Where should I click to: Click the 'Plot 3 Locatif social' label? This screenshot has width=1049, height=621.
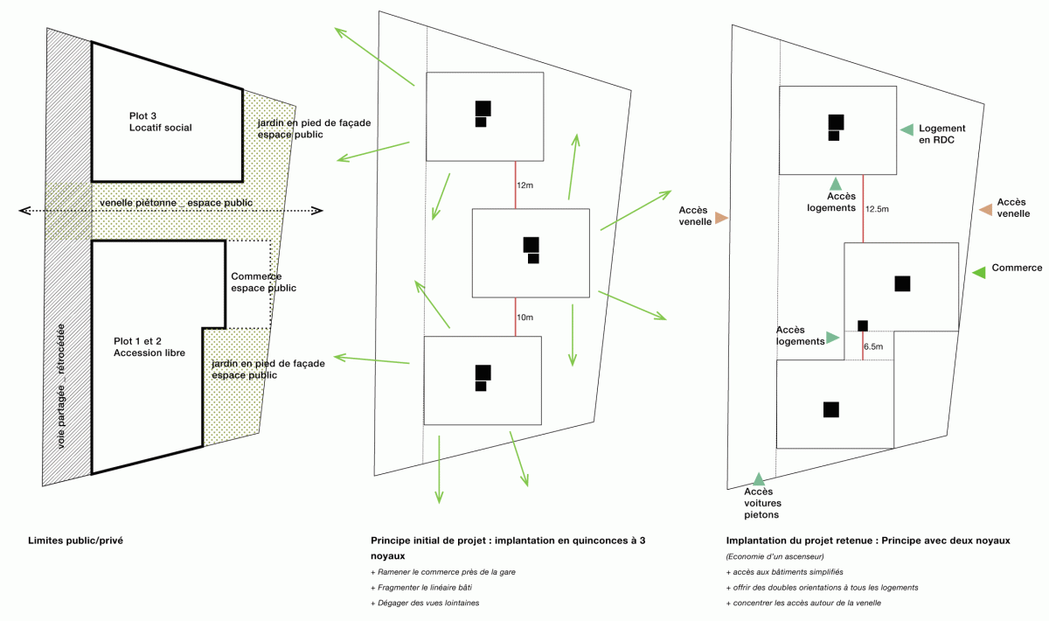(160, 122)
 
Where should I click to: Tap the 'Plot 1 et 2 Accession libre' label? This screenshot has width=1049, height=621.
(149, 347)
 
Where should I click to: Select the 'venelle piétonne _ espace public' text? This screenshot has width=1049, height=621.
(176, 203)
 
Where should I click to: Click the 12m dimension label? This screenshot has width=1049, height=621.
(525, 185)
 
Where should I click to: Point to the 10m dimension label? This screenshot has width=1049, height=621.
(525, 317)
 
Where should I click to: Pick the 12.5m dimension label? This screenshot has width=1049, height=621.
(877, 209)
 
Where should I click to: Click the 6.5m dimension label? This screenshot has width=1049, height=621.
(873, 347)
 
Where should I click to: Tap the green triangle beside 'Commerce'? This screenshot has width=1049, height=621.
(979, 272)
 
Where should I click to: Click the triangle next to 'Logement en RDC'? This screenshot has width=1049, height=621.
(907, 129)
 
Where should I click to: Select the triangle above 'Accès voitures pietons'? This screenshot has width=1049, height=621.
(759, 479)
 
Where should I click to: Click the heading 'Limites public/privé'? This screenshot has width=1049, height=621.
(75, 541)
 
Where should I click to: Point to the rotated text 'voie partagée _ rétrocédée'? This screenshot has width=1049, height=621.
(61, 387)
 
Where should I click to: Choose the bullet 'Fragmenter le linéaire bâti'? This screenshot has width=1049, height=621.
(421, 587)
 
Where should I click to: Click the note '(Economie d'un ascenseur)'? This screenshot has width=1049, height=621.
(775, 556)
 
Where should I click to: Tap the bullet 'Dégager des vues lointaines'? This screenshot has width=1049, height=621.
(425, 603)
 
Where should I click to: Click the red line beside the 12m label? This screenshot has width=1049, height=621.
(516, 185)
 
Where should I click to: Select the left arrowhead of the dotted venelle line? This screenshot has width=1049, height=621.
(24, 211)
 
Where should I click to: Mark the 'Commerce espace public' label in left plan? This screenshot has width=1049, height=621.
(263, 283)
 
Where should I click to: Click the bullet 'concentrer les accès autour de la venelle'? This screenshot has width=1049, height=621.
(803, 603)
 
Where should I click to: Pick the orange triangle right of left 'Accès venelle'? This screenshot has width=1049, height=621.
(722, 218)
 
